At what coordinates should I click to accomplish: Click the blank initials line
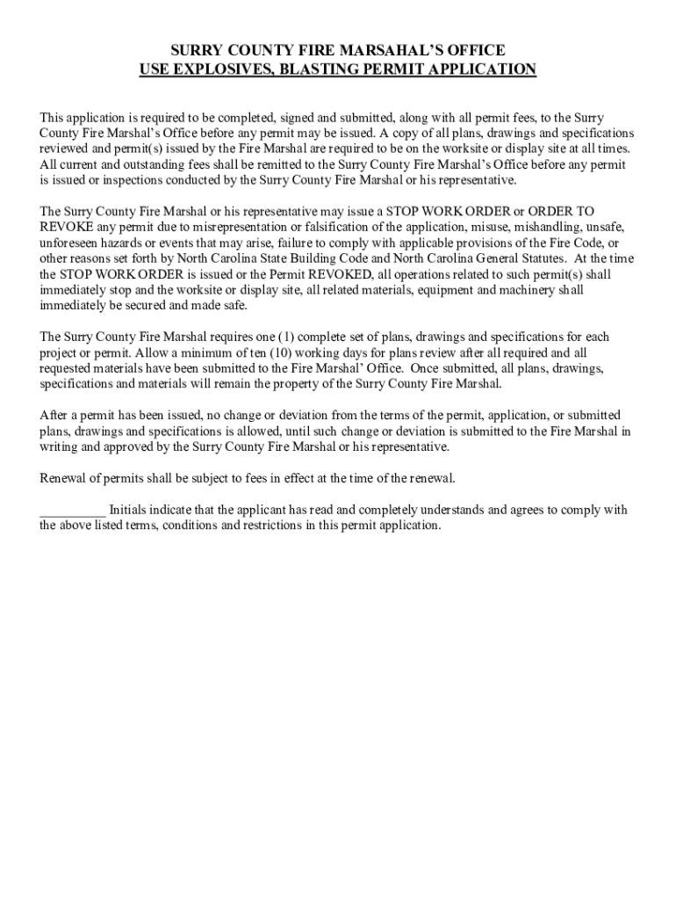pyautogui.click(x=73, y=511)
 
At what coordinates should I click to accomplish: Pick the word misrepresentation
pyautogui.click(x=196, y=227)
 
